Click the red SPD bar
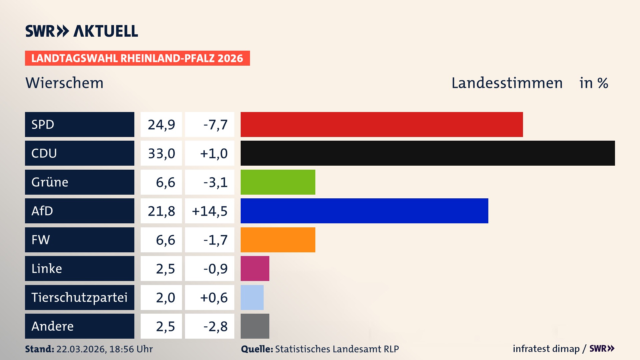coord(382,124)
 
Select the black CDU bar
coord(428,153)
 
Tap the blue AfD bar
coord(364,211)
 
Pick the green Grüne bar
coord(278,182)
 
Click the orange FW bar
coord(278,240)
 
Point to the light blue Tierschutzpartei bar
coord(252,297)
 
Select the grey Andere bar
coord(255,326)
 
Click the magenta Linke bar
coord(255,268)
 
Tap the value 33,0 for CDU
coord(161,153)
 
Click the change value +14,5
coord(210,211)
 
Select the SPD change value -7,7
coord(215,125)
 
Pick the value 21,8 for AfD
coord(161,211)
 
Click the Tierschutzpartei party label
coord(79,297)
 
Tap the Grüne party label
coord(50,182)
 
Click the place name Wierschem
coord(64,83)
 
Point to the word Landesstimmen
coord(507,83)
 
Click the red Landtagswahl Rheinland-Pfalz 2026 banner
coord(137,58)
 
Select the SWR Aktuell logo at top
coord(82,31)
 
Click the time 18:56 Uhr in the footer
coord(131,349)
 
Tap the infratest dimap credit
coord(546,349)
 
